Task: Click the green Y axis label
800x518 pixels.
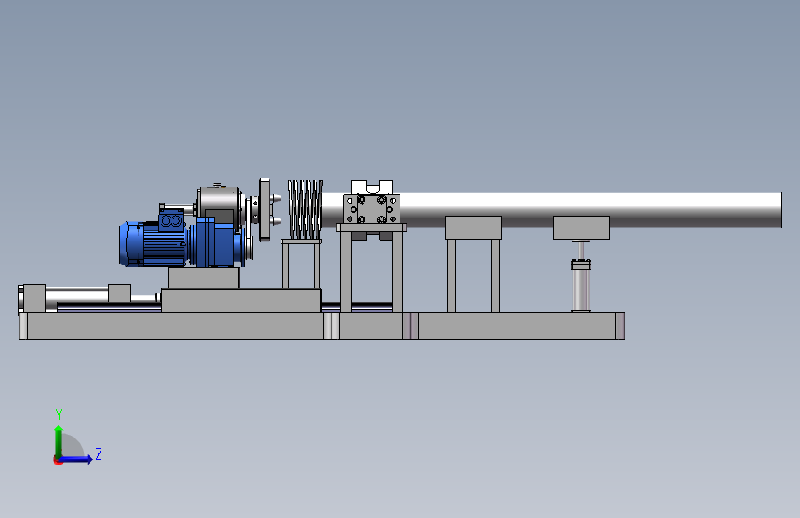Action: tap(59, 414)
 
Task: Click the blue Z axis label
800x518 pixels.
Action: tap(99, 453)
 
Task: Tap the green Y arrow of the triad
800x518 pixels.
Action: tap(58, 441)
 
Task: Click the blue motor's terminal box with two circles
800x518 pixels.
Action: tap(171, 221)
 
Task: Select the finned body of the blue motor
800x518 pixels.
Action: tap(154, 243)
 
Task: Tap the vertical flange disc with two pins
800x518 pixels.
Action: tap(266, 209)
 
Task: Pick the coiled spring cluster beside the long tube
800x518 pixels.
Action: tap(305, 209)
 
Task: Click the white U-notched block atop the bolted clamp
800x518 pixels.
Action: tap(372, 186)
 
